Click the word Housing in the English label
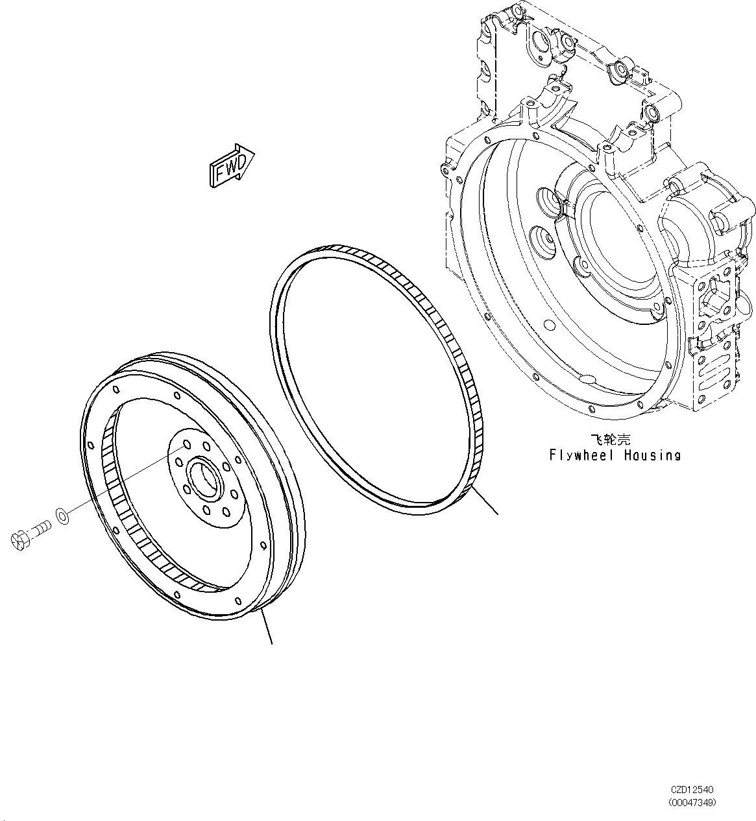coord(652,455)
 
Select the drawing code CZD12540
coord(692,790)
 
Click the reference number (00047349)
coord(692,803)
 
